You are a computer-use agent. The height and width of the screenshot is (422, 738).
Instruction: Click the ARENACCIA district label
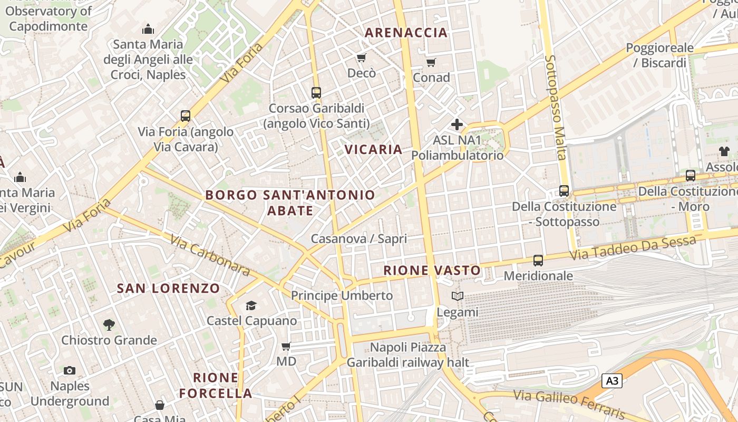coord(406,33)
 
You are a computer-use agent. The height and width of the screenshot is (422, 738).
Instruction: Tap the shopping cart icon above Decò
coord(361,57)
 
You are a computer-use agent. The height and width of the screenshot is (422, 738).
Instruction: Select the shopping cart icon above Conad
coord(431,63)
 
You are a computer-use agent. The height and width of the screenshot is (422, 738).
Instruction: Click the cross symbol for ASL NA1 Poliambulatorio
coord(457,125)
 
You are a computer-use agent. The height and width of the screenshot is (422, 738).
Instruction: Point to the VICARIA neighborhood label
coord(374,149)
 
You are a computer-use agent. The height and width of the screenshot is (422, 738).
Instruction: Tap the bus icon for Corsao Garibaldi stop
coord(316,93)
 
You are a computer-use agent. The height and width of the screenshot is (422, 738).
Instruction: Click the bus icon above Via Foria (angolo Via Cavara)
coord(185,116)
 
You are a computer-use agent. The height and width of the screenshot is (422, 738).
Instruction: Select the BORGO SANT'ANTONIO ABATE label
coord(290,203)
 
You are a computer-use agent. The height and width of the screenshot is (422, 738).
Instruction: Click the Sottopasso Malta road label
coord(556,107)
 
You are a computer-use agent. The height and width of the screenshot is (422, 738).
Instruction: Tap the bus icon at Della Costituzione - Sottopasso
coord(564,191)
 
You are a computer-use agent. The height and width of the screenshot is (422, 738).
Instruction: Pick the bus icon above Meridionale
coord(538,260)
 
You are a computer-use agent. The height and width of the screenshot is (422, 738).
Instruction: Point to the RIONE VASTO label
coord(432,271)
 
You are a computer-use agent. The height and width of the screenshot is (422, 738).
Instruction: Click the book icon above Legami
coord(458,296)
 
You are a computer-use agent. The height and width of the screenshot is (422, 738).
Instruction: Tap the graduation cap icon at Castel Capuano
coord(251,305)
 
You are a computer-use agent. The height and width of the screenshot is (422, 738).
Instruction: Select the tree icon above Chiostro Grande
coord(109,324)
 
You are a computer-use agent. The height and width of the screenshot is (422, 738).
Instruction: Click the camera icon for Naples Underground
coord(70,370)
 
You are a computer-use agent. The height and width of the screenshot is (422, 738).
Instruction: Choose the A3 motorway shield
coord(611,381)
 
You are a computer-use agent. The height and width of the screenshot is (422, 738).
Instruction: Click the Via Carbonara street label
coord(210,255)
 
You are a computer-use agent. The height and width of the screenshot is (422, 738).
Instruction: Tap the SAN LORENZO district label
coord(168,289)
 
